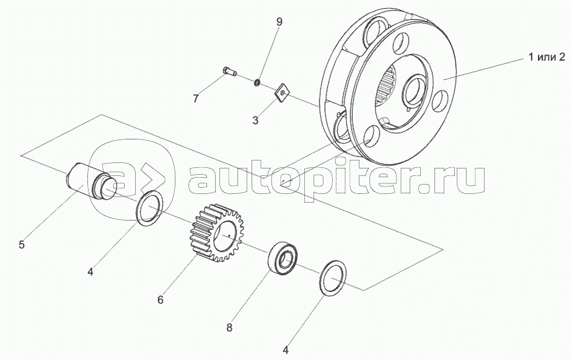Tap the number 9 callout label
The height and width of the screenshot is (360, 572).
point(279,22)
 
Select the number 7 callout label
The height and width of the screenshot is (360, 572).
point(196,98)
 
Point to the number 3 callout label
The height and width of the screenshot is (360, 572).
point(255,120)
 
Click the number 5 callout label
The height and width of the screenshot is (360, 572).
point(22,244)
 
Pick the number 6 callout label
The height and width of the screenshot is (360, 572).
point(160,300)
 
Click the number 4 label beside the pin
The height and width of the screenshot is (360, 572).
point(90,271)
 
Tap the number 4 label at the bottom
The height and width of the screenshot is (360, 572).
point(286,351)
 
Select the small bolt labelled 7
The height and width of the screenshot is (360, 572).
point(228,74)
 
